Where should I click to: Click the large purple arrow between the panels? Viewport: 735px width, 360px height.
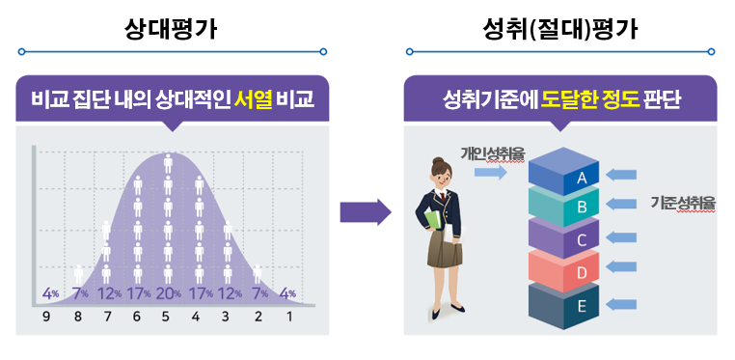(x=365, y=212)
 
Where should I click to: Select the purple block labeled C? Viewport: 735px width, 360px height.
(x=580, y=237)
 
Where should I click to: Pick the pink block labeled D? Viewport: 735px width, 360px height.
(x=580, y=271)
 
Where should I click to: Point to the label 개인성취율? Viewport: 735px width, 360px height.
(x=486, y=152)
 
